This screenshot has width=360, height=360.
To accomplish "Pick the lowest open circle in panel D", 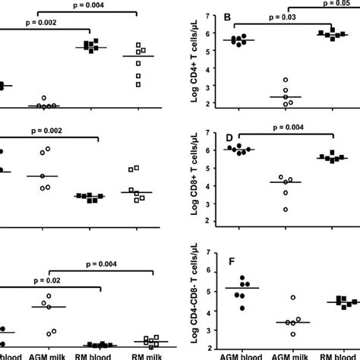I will pos(286,209).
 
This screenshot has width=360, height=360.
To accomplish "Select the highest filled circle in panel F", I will pos(242,278).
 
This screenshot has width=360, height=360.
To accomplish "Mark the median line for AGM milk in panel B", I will pos(286,97).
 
